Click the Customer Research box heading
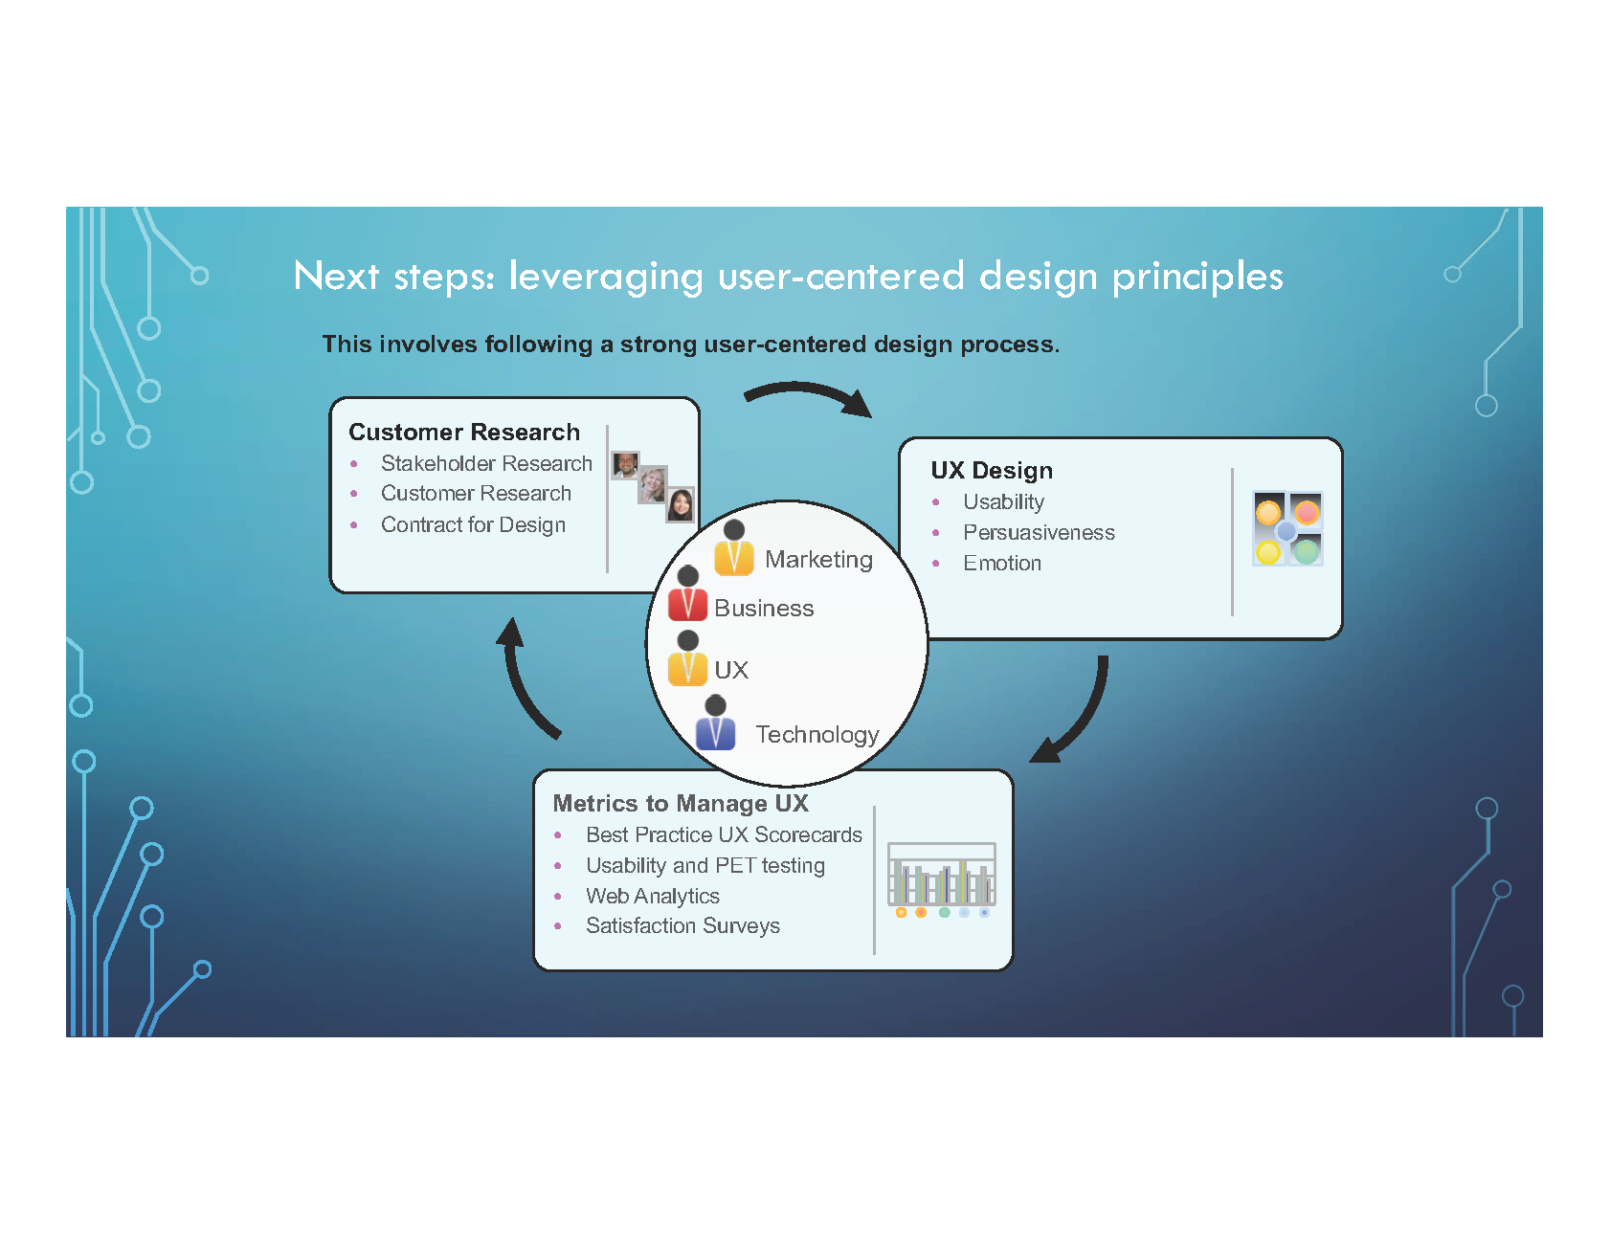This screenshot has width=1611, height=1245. coord(464,433)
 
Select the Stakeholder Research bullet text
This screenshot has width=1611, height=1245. coord(486,464)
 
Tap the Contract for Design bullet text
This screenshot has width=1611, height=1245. coord(473,525)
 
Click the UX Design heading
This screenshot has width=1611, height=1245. coord(992,471)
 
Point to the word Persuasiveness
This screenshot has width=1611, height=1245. coord(1039,533)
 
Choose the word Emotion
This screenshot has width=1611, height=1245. coord(1002,564)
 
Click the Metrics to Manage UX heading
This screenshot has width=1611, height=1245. coord(681,804)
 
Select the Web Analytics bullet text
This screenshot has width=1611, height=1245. coord(653,897)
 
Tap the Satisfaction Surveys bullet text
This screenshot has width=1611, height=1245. coord(682,926)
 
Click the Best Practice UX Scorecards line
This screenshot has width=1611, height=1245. coord(724,835)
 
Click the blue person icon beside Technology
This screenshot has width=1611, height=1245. coord(715,723)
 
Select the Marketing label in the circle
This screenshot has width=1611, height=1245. coord(818,560)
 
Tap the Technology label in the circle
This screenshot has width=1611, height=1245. coord(817,735)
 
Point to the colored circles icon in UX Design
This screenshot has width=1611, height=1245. coord(1287,528)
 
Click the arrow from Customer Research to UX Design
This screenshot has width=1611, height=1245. coord(810,395)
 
